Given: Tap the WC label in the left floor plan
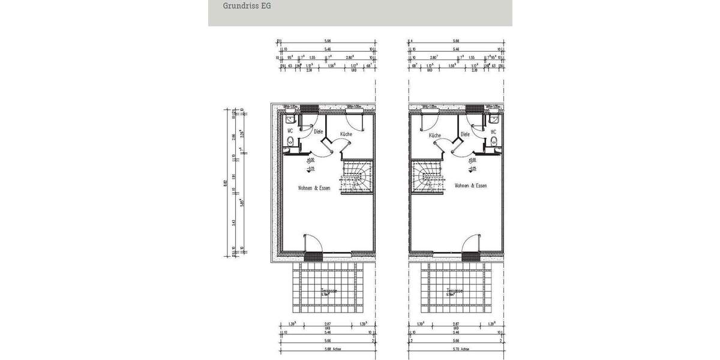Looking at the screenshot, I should [290, 130].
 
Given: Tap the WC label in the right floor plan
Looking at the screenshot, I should [494, 131].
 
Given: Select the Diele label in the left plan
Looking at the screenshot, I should [318, 131].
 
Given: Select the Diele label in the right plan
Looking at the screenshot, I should [465, 135].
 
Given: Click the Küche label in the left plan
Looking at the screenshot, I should [346, 134].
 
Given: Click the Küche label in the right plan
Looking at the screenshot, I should [435, 136].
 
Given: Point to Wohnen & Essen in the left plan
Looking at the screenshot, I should [314, 188].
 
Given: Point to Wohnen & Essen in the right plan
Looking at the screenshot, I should [470, 186].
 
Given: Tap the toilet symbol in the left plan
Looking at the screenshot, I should [290, 142].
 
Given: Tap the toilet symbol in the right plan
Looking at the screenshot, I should [493, 142].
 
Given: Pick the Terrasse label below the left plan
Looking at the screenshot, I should [328, 291].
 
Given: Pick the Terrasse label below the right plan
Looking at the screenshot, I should [455, 291].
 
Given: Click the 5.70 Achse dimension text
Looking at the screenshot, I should [456, 349].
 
